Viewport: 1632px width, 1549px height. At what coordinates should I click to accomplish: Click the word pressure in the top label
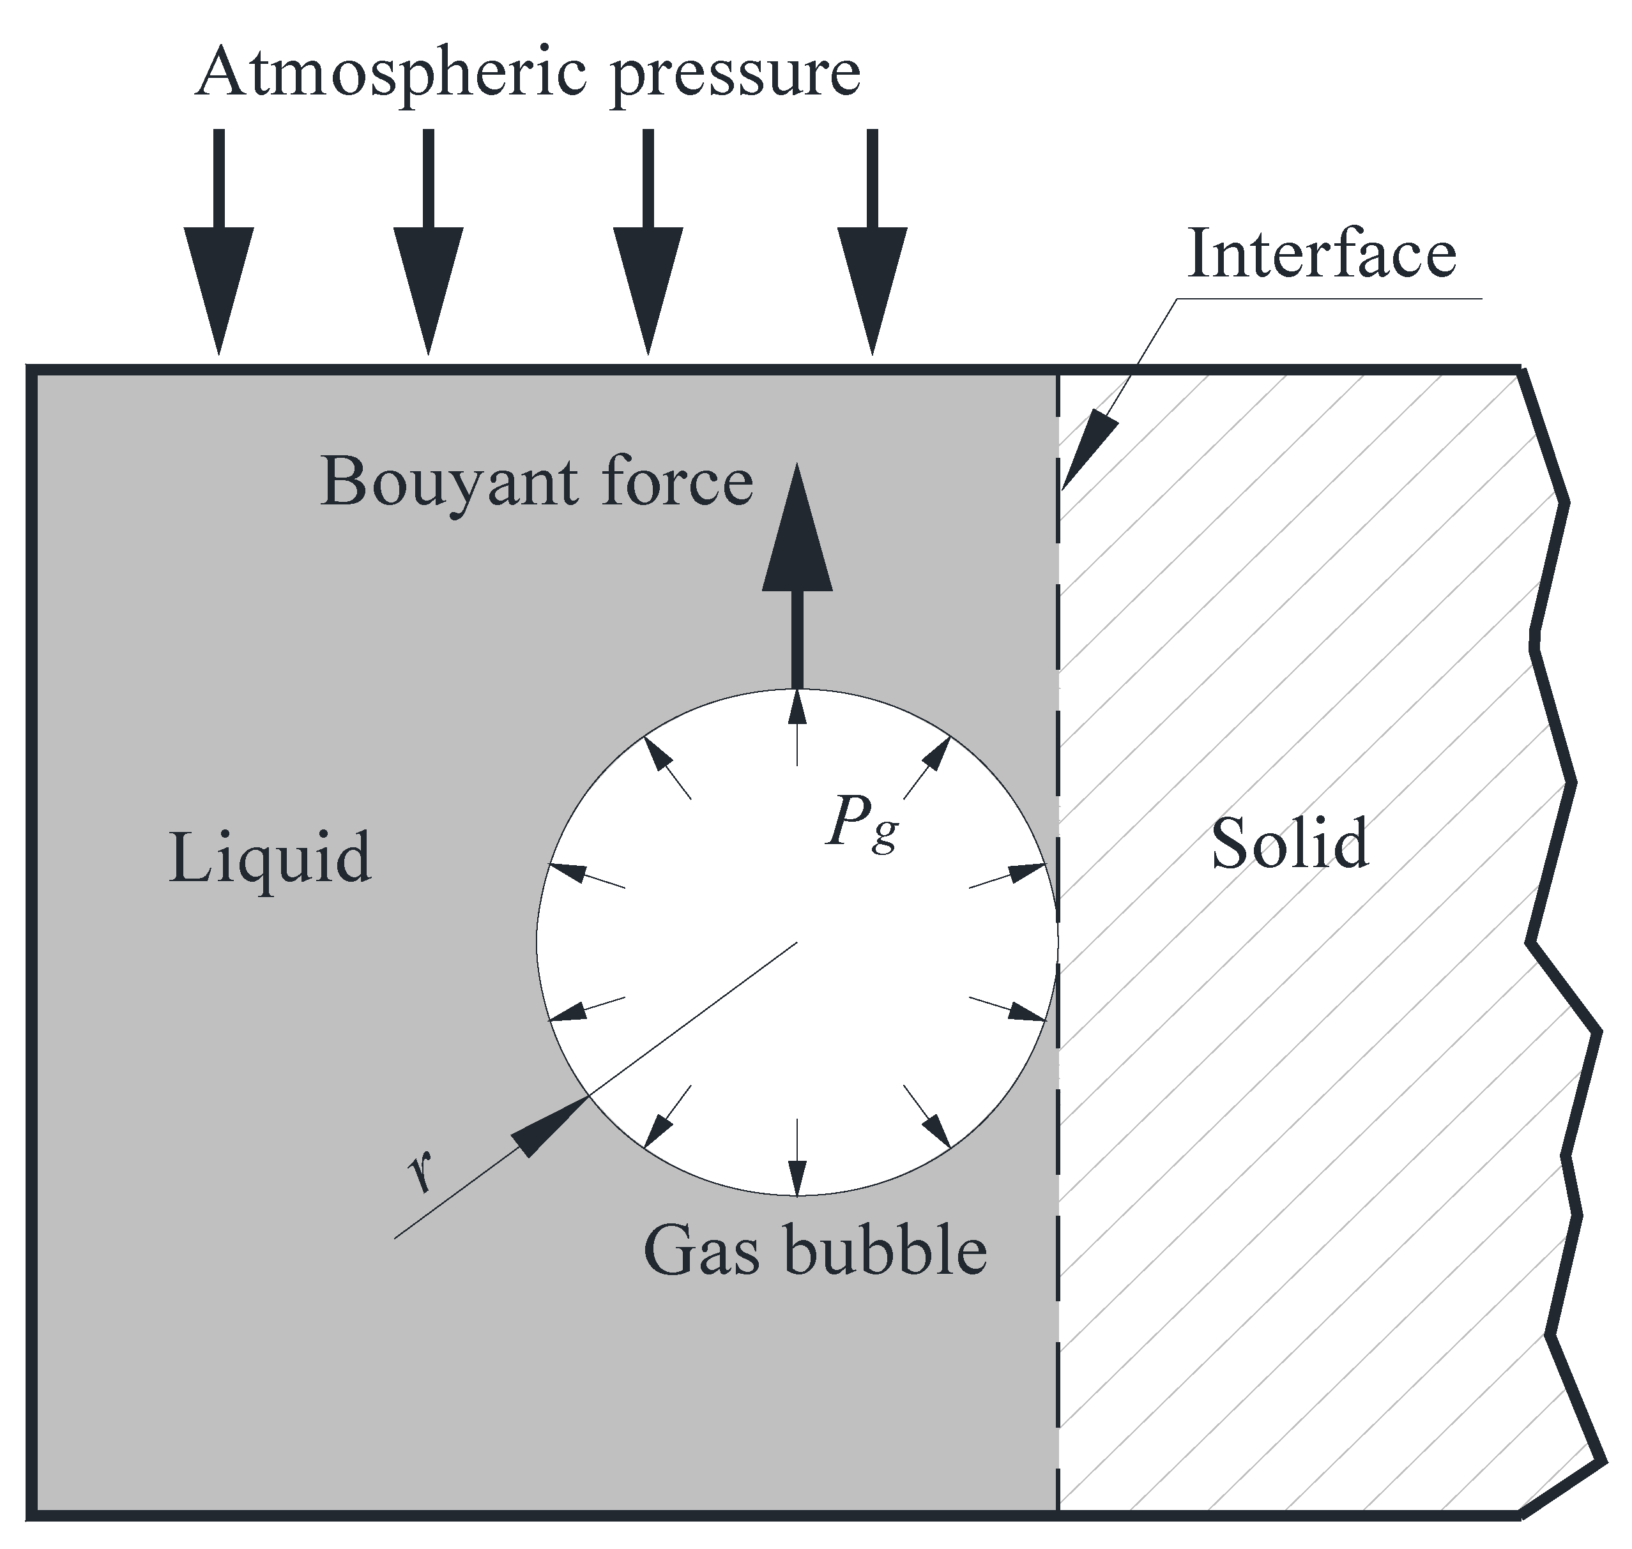point(735,76)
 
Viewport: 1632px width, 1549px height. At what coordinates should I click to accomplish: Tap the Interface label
point(1322,253)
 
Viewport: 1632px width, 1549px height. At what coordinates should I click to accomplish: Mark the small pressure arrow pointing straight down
point(797,1156)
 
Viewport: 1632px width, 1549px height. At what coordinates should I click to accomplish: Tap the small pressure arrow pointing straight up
point(797,727)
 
